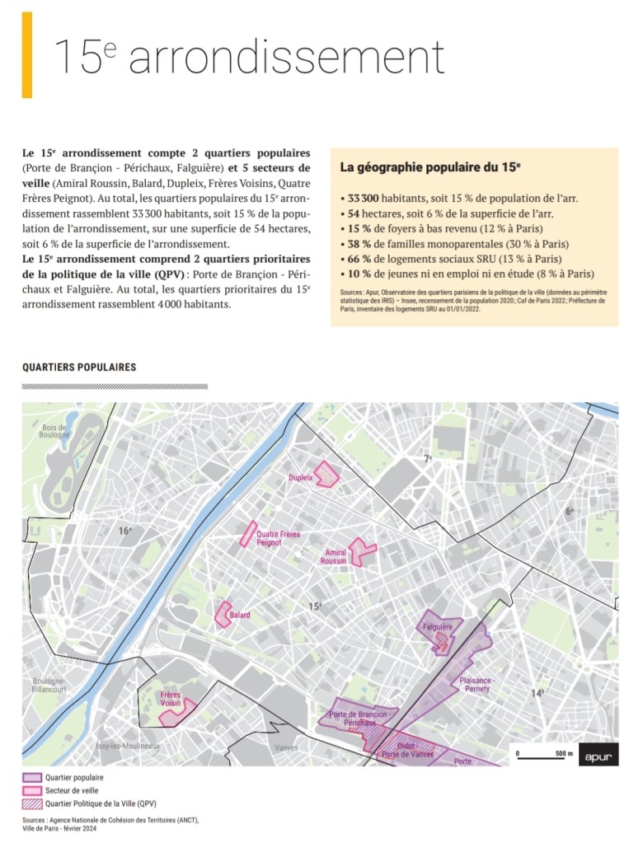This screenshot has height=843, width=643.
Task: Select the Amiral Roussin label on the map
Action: [x=335, y=556]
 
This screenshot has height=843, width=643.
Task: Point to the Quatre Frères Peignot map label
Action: [x=277, y=538]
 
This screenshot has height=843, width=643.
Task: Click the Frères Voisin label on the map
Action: [x=171, y=700]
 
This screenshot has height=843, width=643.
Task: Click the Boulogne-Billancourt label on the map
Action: [x=49, y=686]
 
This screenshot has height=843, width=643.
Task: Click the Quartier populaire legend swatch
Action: [x=31, y=777]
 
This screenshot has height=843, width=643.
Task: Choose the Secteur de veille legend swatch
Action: [x=31, y=790]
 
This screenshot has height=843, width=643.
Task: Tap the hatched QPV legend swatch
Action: [x=31, y=803]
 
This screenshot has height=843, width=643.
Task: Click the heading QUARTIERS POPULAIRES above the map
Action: [x=79, y=367]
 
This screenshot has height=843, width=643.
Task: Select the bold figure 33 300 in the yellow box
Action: [x=360, y=199]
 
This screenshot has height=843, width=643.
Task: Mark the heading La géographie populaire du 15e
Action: [x=430, y=167]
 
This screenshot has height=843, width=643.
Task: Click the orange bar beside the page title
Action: [x=27, y=55]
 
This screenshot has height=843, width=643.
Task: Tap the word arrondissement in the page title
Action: [x=286, y=58]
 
